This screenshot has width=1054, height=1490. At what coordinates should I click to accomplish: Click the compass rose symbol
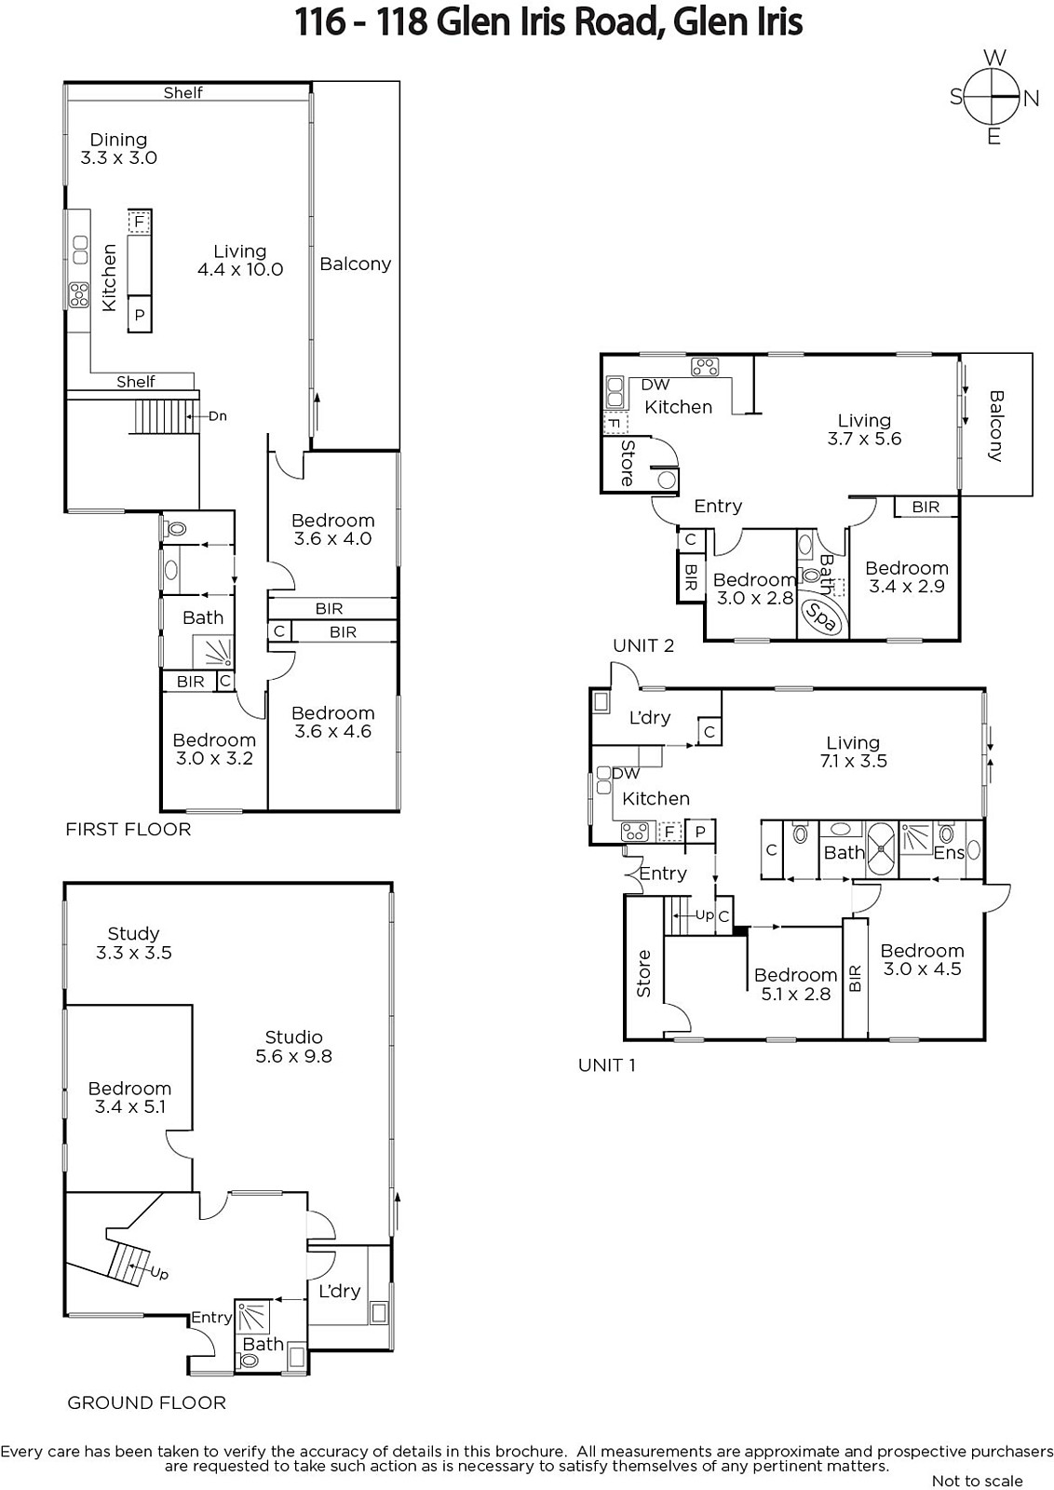tap(993, 97)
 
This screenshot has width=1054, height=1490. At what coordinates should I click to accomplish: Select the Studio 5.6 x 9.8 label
tap(294, 1047)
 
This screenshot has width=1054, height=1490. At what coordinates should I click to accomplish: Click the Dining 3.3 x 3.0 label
tap(118, 148)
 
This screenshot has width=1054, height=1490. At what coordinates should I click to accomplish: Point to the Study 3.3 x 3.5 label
tap(134, 942)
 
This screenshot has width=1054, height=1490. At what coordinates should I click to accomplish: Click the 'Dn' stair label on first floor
tap(218, 416)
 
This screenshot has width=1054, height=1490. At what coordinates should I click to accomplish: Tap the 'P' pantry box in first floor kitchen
tap(140, 315)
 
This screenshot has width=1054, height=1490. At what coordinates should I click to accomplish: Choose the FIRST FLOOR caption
tap(128, 829)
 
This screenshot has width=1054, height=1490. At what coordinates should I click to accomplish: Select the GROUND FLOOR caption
tap(147, 1402)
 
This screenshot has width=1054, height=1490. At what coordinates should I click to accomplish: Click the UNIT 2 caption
tap(643, 645)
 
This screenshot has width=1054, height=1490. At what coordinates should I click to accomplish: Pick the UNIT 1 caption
tap(606, 1065)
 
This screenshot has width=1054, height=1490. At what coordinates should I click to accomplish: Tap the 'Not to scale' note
tap(977, 1481)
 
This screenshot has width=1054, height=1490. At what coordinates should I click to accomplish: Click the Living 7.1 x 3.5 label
tap(853, 752)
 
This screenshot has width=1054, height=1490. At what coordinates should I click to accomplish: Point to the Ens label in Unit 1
tap(949, 853)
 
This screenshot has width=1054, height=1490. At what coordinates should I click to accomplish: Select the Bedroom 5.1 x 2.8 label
tap(796, 984)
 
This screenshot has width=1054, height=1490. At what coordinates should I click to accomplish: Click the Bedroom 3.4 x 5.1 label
tap(129, 1098)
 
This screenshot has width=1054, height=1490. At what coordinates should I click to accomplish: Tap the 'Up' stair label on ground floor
tap(159, 1273)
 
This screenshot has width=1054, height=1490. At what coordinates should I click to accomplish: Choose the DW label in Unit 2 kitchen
tap(655, 385)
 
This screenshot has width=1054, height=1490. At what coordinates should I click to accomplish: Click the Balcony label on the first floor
tap(355, 264)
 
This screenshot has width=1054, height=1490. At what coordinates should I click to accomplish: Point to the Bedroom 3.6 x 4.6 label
tap(333, 723)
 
